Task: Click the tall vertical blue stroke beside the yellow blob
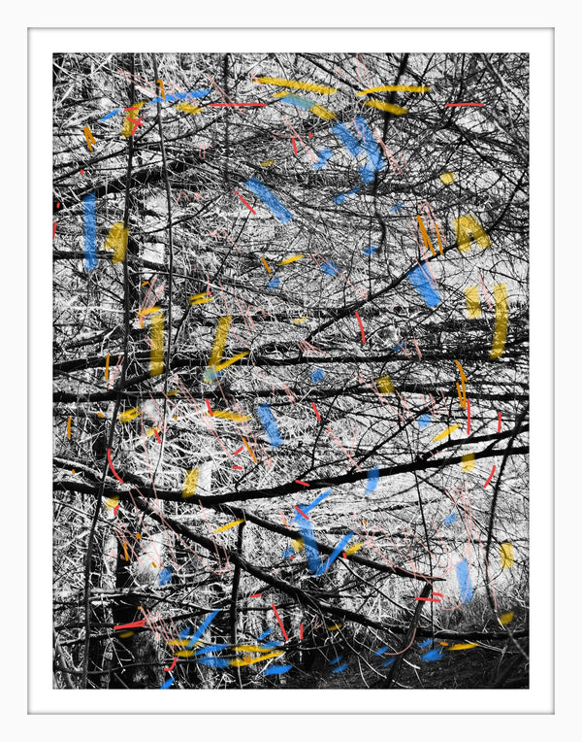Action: click(x=89, y=230)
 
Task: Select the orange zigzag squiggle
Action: click(x=89, y=138)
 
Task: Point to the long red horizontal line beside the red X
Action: click(x=237, y=104)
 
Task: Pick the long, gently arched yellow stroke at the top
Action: click(x=295, y=86)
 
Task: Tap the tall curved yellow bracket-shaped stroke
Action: click(x=500, y=320)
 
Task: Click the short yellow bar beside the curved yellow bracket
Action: click(x=472, y=302)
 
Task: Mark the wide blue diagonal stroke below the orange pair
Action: click(x=424, y=286)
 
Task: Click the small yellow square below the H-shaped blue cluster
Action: click(x=446, y=178)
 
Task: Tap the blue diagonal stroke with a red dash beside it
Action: click(x=267, y=199)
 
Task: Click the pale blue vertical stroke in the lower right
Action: click(x=464, y=579)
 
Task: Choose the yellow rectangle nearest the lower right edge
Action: click(x=506, y=555)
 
